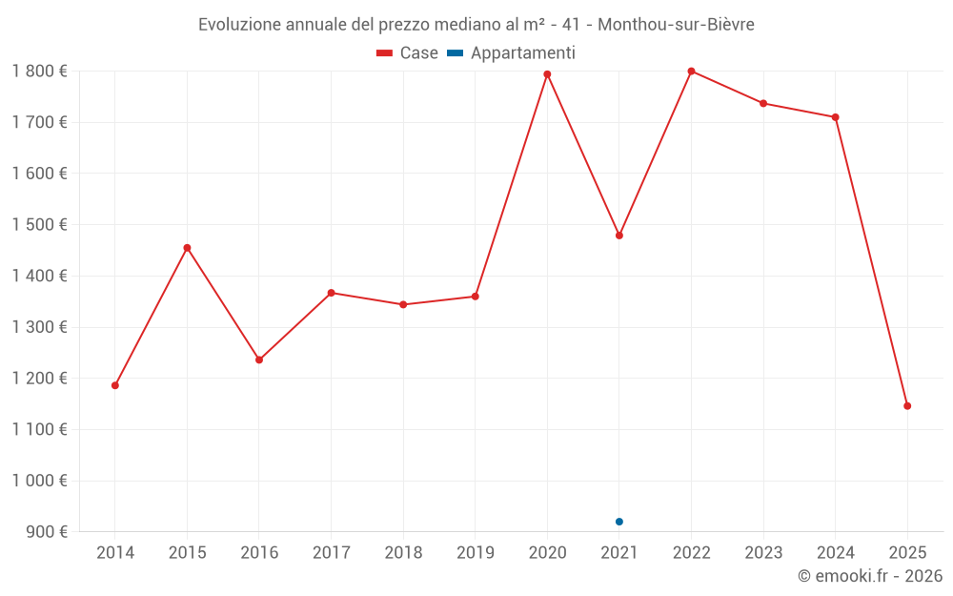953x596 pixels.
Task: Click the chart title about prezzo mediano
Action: coord(476,25)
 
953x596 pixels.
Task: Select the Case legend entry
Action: coord(408,53)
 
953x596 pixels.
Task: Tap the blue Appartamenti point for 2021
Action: coord(619,522)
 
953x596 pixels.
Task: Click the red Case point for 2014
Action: coord(115,385)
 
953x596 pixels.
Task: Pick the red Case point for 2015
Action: coord(187,248)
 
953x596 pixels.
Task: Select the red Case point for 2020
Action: coord(547,74)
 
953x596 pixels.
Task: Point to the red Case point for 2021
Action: coord(619,236)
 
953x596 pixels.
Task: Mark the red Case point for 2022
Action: coord(691,72)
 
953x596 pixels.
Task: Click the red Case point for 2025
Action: coord(907,406)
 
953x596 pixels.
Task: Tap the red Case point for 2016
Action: coord(259,360)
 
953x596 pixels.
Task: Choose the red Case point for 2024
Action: coord(836,117)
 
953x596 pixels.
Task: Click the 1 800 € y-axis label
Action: coord(39,72)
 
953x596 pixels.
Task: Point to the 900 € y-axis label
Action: coord(45,532)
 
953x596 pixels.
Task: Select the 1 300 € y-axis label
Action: coord(39,327)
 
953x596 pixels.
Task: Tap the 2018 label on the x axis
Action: coord(403,553)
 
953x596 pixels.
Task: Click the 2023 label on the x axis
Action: coord(763,553)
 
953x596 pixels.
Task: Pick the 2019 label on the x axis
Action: coord(475,553)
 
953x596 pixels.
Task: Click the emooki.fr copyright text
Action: coord(869,576)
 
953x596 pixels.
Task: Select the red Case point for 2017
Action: coord(331,293)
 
